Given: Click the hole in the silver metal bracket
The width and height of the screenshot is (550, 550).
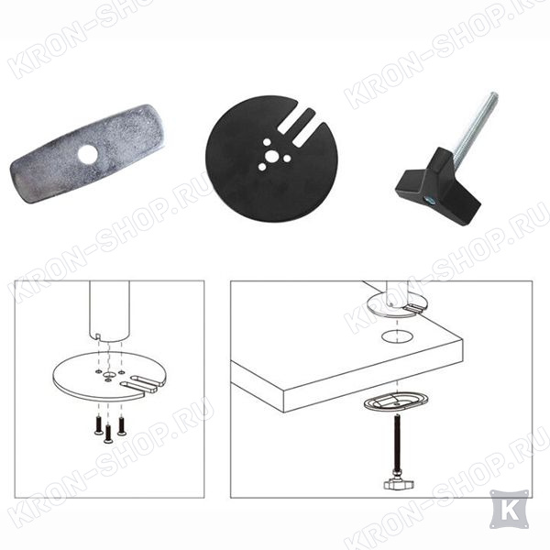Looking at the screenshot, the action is (88, 154).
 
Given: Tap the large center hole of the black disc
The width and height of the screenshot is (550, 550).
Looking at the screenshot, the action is (270, 156).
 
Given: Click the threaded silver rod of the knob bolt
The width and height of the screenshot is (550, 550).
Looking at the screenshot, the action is (474, 123).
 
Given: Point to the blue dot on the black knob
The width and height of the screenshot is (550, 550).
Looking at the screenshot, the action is (429, 201).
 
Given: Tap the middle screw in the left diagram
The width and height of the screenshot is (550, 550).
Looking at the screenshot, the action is (107, 434).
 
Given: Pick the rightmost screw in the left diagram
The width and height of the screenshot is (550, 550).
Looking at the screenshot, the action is (121, 426).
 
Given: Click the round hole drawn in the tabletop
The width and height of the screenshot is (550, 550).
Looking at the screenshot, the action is (397, 336).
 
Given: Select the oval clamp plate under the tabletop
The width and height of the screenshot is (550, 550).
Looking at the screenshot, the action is (396, 402).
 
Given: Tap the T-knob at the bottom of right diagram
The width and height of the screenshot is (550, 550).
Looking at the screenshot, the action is (399, 484).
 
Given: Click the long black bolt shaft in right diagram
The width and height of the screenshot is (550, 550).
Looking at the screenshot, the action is (397, 444).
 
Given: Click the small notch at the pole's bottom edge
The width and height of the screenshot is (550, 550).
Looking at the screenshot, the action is (98, 337).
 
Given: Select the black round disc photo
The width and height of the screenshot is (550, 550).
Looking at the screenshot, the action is (271, 159).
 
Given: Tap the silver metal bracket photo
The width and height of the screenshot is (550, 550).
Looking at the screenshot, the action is (87, 154).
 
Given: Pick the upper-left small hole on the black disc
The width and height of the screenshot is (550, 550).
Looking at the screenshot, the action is (267, 142).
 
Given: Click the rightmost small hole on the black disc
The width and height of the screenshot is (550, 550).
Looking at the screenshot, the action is (287, 159).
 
